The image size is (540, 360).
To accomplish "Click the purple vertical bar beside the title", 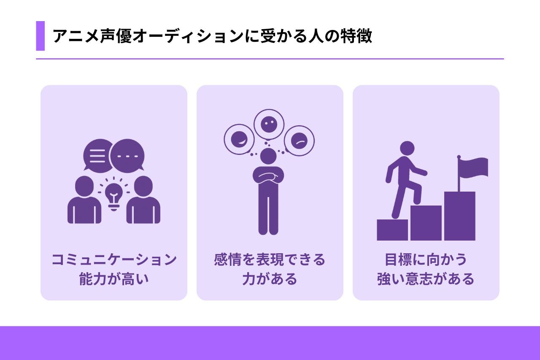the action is (40, 36).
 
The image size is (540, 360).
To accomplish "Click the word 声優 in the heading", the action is (116, 36).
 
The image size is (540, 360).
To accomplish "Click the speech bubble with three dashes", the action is (127, 156).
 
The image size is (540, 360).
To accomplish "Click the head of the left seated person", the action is (84, 186).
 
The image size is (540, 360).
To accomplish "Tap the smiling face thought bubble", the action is (239, 139).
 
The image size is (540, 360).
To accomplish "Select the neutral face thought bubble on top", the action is (269, 125).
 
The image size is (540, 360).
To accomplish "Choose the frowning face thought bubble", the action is (299, 141).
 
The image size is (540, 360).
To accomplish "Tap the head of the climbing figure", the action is (407, 149).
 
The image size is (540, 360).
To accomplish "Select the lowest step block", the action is (392, 230).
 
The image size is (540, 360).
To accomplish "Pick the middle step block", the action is (426, 223).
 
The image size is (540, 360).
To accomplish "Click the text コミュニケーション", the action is (114, 260).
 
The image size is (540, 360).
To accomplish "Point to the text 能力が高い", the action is (114, 279).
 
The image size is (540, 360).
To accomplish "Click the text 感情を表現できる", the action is (270, 260).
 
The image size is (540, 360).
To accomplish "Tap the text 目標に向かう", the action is (426, 260).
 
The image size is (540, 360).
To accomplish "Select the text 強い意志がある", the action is (426, 279).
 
